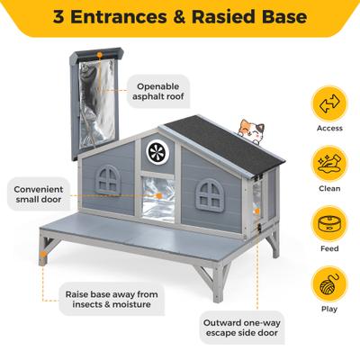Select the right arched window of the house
click(x=213, y=191)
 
